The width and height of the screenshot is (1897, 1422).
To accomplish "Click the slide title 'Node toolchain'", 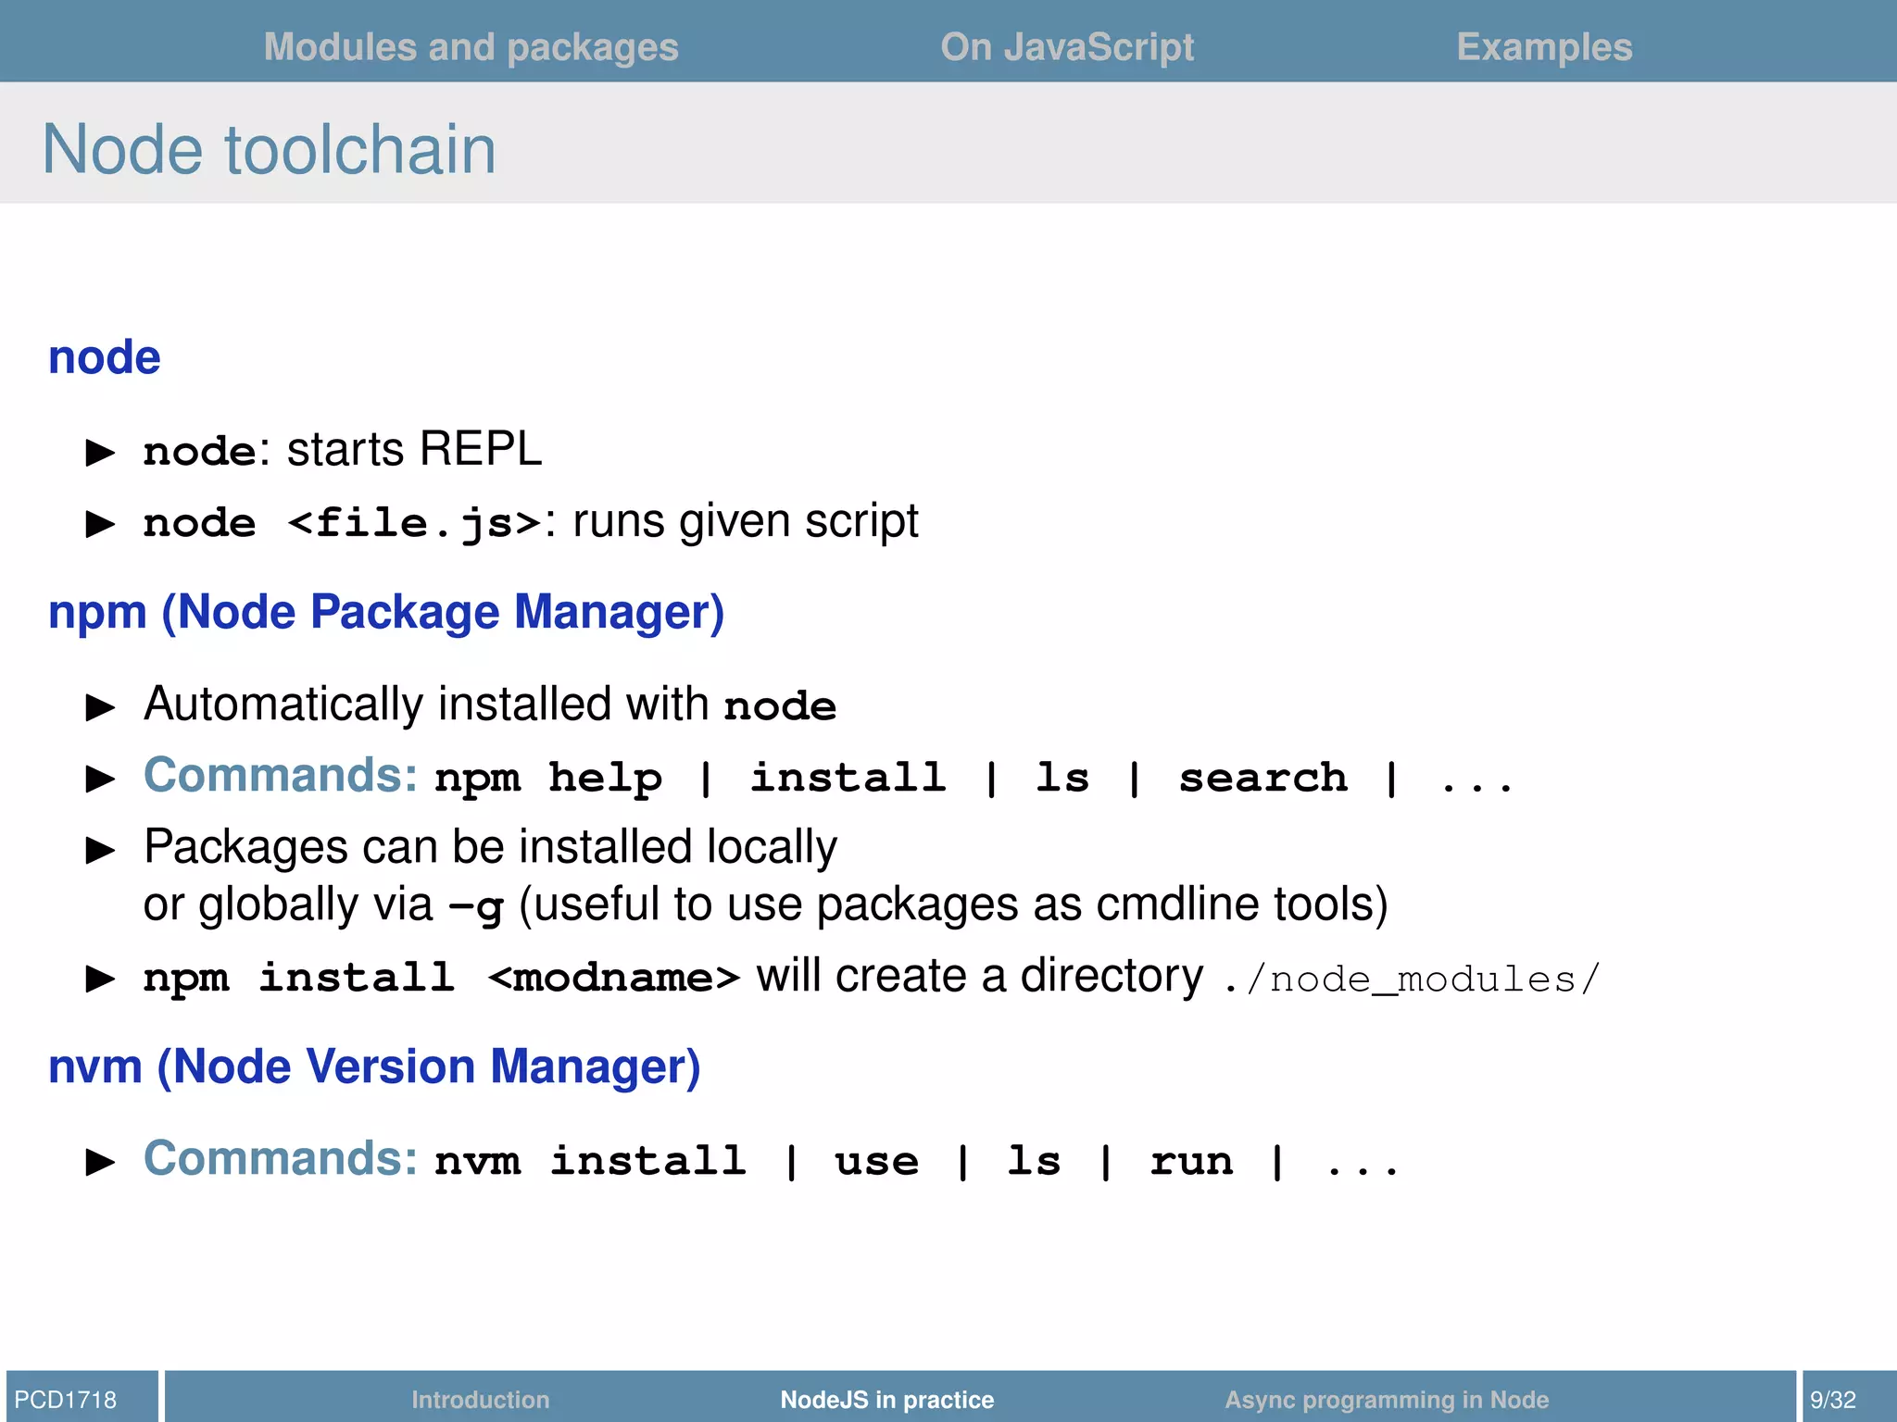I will pos(269,149).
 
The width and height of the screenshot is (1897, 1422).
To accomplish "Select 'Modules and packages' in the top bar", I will pos(471,47).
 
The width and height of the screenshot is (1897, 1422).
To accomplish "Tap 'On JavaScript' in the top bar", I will pos(1067,47).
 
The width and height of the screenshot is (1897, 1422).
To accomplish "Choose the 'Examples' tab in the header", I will pos(1544,47).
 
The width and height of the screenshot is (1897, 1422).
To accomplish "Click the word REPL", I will pos(480,450).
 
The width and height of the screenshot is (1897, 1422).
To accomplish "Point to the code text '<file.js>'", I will pos(414,523).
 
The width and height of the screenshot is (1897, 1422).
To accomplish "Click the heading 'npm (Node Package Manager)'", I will pos(386,612).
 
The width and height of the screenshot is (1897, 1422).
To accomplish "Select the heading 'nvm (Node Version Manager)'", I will pos(374,1066).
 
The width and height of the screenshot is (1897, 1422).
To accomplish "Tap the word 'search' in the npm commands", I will pos(1263,778).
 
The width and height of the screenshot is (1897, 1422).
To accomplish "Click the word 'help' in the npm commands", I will pos(605,778).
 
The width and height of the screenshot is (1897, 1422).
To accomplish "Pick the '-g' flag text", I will pos(476,906).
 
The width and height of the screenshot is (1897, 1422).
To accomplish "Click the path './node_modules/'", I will pos(1411,979).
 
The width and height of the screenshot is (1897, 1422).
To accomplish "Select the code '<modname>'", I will pos(614,978).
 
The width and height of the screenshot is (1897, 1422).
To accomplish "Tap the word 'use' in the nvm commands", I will pos(876,1161).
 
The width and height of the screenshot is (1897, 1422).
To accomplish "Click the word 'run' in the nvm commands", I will pos(1191,1161).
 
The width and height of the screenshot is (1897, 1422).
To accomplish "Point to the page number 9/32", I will pos(1833,1399).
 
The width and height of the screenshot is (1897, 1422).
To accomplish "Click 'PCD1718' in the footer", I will pos(66,1399).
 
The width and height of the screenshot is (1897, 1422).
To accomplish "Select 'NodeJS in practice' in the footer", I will pos(886,1399).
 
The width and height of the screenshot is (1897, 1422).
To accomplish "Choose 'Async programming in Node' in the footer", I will pos(1387,1399).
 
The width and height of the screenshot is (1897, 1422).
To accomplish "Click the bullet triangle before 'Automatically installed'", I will pos(100,708).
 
